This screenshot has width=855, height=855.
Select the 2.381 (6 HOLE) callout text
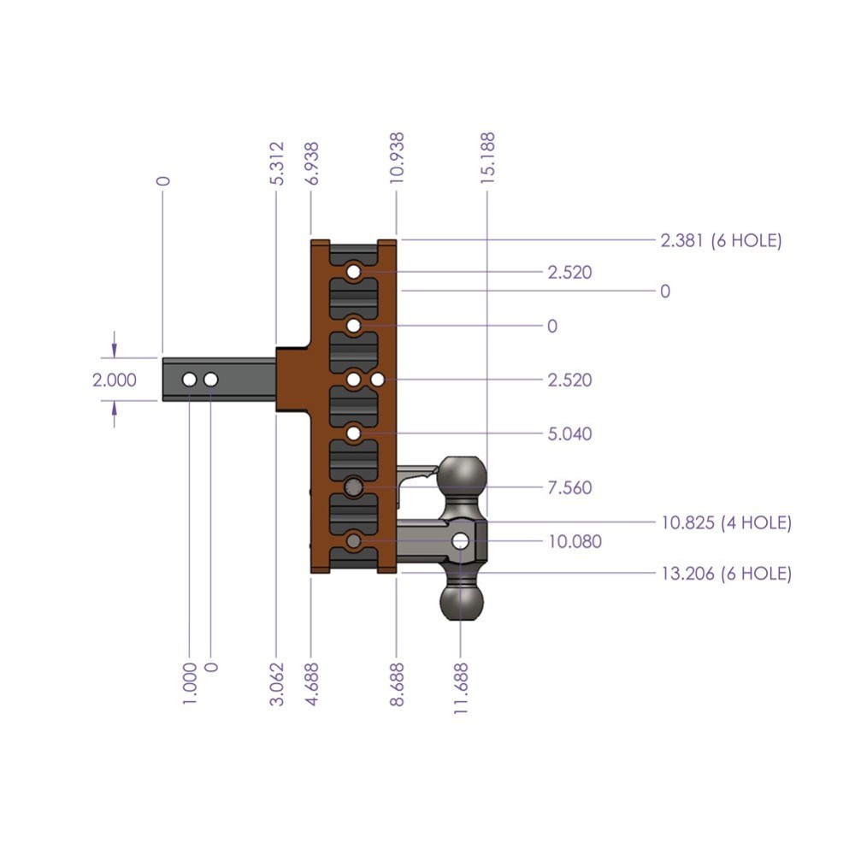coord(721,241)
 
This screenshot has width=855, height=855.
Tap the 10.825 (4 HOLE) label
coord(726,522)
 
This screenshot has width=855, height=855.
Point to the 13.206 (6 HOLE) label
coord(726,574)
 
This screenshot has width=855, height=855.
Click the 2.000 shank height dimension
coord(115,380)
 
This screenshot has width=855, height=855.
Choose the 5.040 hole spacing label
coord(569,434)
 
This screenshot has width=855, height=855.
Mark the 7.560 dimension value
coord(569,488)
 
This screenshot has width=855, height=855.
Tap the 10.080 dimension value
coord(574,541)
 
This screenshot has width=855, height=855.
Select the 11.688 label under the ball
coord(462,683)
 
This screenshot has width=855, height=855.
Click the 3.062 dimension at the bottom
coord(276,683)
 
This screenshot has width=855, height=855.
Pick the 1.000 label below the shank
coord(190,683)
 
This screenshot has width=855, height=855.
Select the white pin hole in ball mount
coord(461,541)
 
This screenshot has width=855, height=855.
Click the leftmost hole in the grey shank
coord(189,379)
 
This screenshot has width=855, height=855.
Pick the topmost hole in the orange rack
coord(353,273)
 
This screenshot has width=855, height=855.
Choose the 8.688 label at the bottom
coord(398,683)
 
